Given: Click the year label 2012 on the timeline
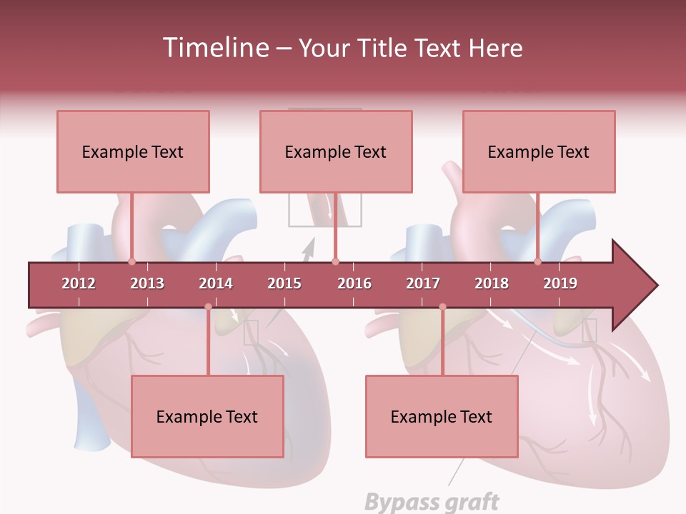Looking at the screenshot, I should (x=79, y=283).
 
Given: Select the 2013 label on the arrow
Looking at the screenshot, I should (x=147, y=283).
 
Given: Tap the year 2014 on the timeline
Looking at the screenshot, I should (x=216, y=283).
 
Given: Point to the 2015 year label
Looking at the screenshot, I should (x=284, y=283).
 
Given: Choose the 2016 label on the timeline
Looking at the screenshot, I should (x=354, y=283).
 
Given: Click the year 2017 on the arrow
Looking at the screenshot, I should (x=423, y=283).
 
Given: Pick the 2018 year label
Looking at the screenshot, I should (x=492, y=283).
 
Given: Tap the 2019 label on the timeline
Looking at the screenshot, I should (x=560, y=283).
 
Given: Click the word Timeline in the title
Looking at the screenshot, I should (x=214, y=48).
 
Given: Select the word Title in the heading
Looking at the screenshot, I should (x=382, y=48).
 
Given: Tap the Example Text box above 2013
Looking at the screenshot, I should (x=133, y=151).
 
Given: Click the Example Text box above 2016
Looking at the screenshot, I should (x=336, y=151).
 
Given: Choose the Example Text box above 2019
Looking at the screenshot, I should (x=539, y=151).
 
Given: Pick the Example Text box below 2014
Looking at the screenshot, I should (x=207, y=416).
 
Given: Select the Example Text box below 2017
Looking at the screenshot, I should (x=442, y=416).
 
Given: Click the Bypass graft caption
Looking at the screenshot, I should (x=432, y=502).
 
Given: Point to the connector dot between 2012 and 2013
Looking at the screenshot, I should (x=131, y=262).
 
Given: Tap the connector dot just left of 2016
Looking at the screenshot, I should (x=335, y=262).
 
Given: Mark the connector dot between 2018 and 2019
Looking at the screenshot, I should (x=538, y=262).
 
